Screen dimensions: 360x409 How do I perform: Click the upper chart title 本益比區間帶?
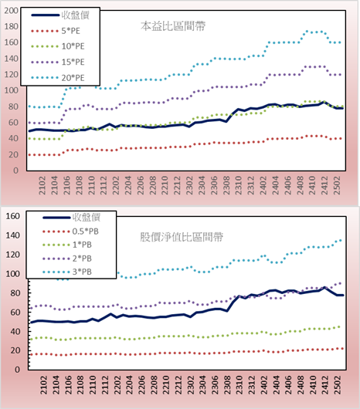tap(173, 26)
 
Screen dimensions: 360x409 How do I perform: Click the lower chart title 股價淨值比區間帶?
tap(182, 237)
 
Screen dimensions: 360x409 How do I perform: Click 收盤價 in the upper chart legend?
tap(75, 15)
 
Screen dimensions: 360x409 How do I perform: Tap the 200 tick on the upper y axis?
tap(12, 11)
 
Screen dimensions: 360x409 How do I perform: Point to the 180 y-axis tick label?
tap(12, 26)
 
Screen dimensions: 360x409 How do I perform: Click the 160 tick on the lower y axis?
tap(13, 216)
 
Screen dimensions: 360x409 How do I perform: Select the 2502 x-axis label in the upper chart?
tap(337, 185)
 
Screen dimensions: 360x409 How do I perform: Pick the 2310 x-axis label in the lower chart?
tap(239, 385)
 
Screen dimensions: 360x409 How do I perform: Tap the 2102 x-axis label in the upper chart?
tap(42, 185)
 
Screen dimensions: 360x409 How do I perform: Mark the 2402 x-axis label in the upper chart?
tap(263, 185)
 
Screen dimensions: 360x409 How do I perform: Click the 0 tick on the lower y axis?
tap(17, 370)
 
